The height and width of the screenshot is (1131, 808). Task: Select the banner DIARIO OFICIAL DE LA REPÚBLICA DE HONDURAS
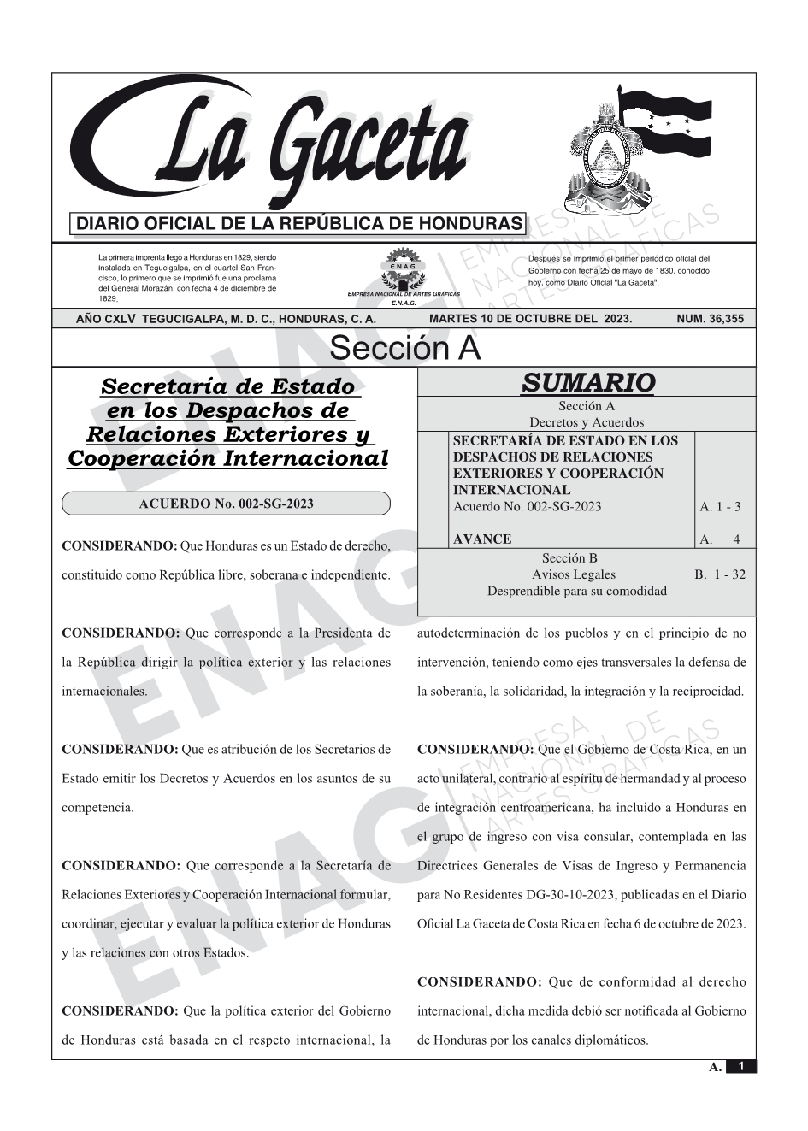(298, 224)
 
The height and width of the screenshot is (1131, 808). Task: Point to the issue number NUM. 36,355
(709, 319)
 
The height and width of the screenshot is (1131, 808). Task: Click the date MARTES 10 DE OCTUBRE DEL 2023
(530, 319)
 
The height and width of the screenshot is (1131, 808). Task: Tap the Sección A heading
(404, 349)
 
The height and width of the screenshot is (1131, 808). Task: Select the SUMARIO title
(587, 382)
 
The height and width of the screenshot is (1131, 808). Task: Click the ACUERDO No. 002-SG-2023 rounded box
(226, 504)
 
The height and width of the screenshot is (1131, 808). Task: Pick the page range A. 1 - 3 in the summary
(720, 506)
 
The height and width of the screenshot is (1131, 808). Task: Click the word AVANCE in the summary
(482, 539)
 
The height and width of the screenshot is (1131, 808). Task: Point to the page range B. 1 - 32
(720, 574)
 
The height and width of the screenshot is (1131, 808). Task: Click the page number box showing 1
(740, 1066)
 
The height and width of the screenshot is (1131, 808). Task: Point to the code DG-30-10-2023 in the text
(560, 895)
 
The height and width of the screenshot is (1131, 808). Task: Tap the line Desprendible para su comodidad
(576, 591)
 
